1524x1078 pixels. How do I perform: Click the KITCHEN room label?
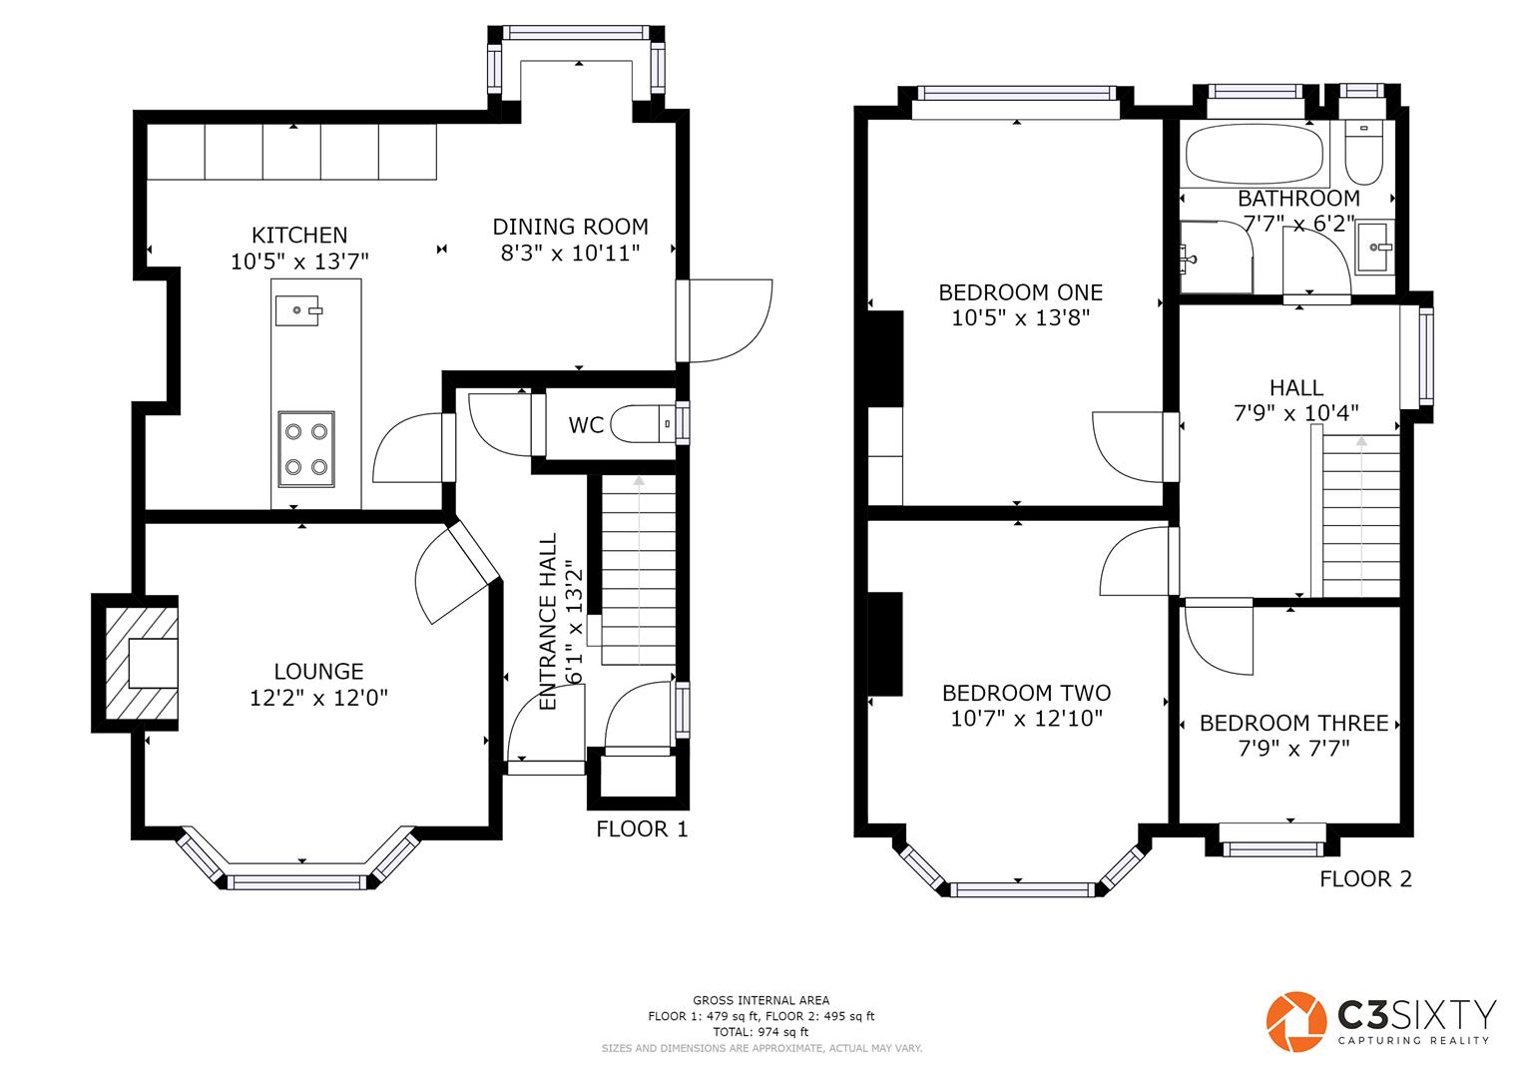pos(299,235)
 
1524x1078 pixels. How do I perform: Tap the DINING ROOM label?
pos(570,227)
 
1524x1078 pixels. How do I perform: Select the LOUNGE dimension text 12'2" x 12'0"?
pos(318,698)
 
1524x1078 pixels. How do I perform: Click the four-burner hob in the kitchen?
pos(306,449)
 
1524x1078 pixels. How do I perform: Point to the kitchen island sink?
pos(298,310)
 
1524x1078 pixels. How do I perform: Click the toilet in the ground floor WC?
pos(643,424)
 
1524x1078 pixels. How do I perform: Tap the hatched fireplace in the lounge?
pos(142,663)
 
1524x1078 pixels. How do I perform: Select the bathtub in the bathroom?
pos(1255,154)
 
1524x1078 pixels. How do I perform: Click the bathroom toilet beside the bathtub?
pos(1363,153)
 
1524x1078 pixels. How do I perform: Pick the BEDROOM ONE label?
pos(1021,292)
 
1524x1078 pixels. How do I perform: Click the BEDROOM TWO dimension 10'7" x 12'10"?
pos(1026,719)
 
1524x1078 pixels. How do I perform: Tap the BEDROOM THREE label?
pos(1293,723)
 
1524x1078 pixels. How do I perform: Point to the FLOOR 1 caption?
pos(643,828)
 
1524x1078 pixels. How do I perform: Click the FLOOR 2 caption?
pos(1365,878)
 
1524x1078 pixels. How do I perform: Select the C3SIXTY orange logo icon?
pos(1296,1021)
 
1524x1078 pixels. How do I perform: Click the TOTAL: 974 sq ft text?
pos(761,1032)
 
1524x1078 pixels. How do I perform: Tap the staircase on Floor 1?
pos(638,570)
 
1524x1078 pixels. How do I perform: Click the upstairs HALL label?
pos(1296,388)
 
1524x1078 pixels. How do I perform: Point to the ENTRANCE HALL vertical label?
pos(548,621)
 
